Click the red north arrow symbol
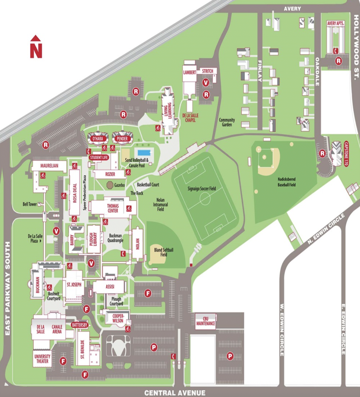click(36, 47)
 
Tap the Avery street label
click(292, 9)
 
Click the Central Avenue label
click(175, 393)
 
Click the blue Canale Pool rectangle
click(144, 153)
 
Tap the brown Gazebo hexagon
click(110, 185)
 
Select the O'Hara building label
click(98, 139)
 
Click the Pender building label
click(122, 139)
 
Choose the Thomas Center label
click(113, 208)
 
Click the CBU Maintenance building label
click(206, 321)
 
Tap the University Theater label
click(42, 359)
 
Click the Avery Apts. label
click(335, 24)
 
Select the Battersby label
click(79, 325)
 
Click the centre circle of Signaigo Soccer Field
click(205, 199)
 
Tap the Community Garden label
click(227, 122)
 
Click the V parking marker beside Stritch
click(206, 83)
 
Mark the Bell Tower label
click(30, 204)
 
